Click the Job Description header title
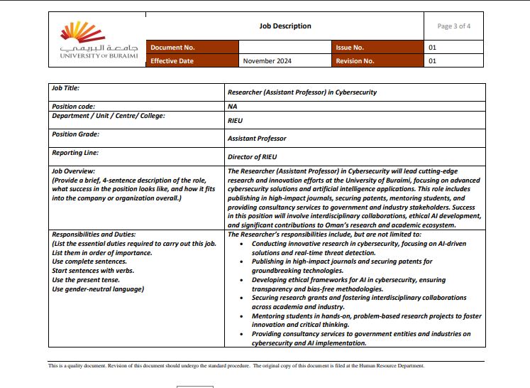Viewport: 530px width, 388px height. click(x=285, y=26)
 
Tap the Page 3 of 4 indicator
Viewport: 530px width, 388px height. click(x=454, y=26)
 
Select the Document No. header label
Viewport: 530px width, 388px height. click(x=172, y=48)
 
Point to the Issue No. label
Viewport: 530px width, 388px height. click(x=350, y=48)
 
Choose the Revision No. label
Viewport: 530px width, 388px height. click(x=355, y=61)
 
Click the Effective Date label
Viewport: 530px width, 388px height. click(x=172, y=61)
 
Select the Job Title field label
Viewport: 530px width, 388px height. click(x=65, y=88)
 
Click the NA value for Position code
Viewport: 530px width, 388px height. click(x=232, y=107)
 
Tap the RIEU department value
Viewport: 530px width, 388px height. click(x=235, y=121)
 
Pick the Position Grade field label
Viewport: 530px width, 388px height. click(x=75, y=134)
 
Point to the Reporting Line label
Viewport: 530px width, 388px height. click(x=75, y=152)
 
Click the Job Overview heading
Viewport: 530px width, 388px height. click(x=73, y=171)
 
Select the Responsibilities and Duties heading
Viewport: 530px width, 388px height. click(x=93, y=234)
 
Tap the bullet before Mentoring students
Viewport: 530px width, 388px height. click(x=243, y=316)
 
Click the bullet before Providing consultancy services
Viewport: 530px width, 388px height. click(x=243, y=333)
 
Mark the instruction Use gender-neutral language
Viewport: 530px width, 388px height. click(x=98, y=289)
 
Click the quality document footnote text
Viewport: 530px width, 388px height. click(x=236, y=366)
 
